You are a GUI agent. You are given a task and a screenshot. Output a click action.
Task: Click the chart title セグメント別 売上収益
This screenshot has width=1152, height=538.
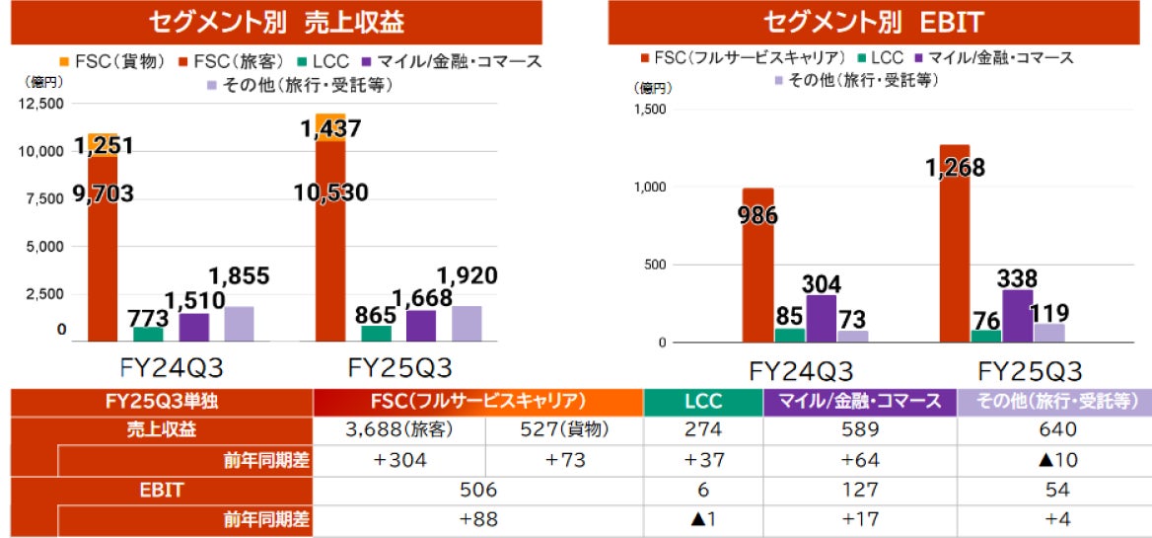pyautogui.click(x=277, y=22)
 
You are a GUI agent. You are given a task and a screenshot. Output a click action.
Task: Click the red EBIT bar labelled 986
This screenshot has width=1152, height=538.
pyautogui.click(x=757, y=267)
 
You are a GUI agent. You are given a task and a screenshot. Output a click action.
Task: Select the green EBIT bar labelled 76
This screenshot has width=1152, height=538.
pyautogui.click(x=986, y=337)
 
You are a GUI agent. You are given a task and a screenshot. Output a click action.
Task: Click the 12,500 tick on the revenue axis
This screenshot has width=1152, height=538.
pyautogui.click(x=40, y=104)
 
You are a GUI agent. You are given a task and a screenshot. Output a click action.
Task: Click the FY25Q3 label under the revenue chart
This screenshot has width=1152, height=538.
pyautogui.click(x=399, y=368)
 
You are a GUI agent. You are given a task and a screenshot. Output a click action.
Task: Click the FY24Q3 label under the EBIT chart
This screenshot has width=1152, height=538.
pyautogui.click(x=801, y=372)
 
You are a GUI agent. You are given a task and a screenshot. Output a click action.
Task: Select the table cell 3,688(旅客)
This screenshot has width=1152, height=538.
pyautogui.click(x=398, y=430)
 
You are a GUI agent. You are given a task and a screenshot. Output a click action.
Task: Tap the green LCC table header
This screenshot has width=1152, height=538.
pyautogui.click(x=702, y=402)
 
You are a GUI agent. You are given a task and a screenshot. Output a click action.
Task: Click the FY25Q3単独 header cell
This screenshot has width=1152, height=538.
pyautogui.click(x=162, y=402)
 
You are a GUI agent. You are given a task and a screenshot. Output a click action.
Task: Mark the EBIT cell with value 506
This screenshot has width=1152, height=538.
pyautogui.click(x=477, y=490)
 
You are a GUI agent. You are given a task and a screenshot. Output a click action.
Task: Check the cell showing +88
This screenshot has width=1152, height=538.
pyautogui.click(x=477, y=519)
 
